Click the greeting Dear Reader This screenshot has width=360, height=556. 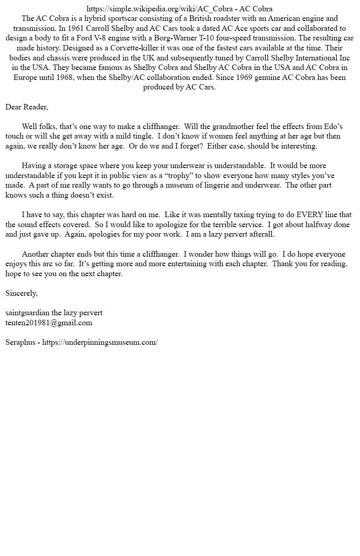pos(26,107)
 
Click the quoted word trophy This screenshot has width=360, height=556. pos(179,175)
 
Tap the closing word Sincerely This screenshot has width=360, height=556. pos(21,293)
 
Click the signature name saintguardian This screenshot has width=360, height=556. pos(27,313)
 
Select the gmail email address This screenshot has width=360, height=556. pos(49,323)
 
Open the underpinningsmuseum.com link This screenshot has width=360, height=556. pos(100,343)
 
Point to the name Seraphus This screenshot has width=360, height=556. pos(20,343)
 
